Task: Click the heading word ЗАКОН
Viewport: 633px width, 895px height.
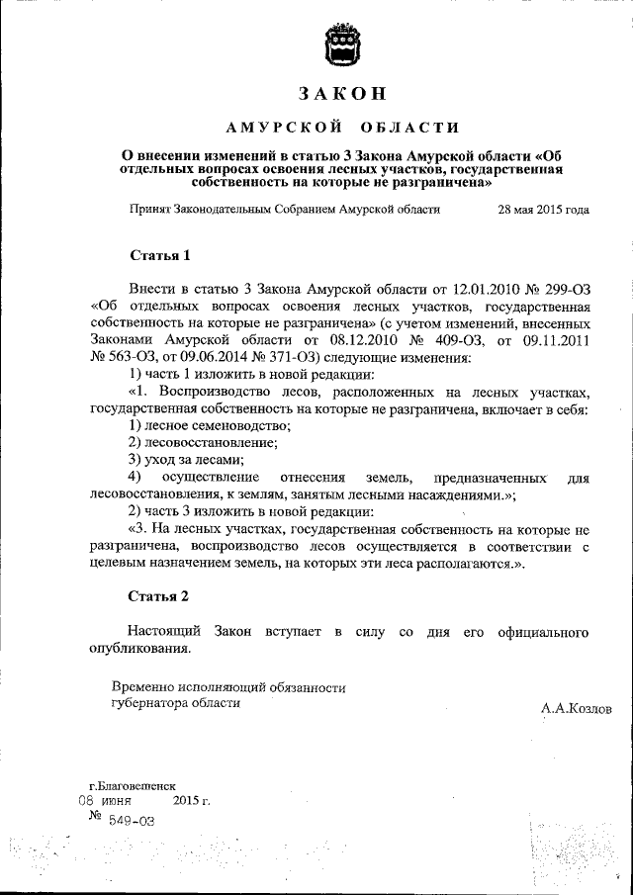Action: click(341, 94)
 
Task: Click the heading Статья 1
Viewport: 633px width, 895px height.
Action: click(160, 256)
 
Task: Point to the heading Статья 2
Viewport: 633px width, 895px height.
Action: click(160, 596)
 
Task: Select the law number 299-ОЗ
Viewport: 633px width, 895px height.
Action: click(561, 288)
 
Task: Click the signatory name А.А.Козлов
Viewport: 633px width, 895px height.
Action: click(577, 709)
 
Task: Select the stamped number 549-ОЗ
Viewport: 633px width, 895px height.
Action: click(132, 819)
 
